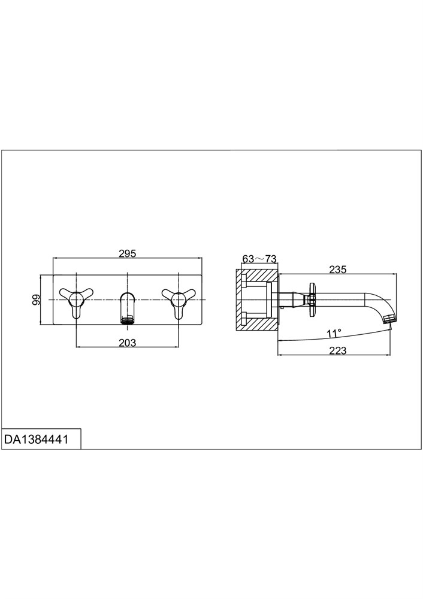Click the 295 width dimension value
(127, 253)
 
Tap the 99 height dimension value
(37, 299)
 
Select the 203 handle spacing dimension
(127, 343)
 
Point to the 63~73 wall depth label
(259, 259)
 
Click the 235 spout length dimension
(338, 270)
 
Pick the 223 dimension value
(337, 350)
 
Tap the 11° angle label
(334, 334)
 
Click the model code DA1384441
(37, 439)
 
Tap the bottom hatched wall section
(257, 323)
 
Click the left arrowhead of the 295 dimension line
(55, 258)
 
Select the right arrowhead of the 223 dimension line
(388, 355)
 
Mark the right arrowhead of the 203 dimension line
(176, 347)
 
